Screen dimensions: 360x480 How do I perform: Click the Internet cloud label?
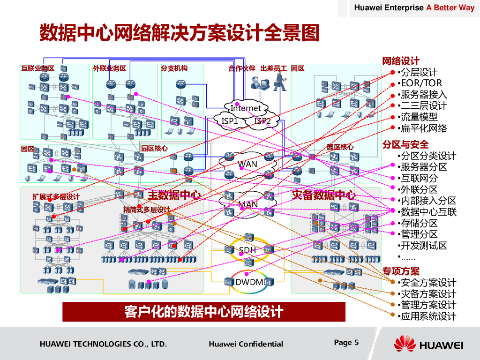(x=246, y=108)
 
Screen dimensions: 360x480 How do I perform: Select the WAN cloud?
(x=247, y=164)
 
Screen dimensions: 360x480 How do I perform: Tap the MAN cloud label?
(x=248, y=204)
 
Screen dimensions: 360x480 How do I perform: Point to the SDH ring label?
(x=247, y=250)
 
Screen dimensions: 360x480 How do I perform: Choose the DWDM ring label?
(x=249, y=282)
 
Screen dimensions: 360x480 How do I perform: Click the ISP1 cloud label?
(x=230, y=121)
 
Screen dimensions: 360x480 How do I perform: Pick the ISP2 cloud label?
(x=262, y=121)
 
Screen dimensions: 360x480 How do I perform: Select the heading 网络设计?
(x=401, y=61)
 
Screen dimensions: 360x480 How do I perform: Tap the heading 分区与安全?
(x=405, y=144)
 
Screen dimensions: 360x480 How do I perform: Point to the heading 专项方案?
(x=401, y=271)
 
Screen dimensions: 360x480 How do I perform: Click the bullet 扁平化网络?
(x=424, y=128)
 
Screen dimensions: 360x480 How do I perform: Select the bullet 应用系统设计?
(x=428, y=316)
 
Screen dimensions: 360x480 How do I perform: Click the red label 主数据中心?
(x=174, y=195)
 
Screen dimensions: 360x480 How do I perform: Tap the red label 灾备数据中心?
(x=323, y=195)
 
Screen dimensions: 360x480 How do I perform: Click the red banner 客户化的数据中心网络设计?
(x=204, y=312)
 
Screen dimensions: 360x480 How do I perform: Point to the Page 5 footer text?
(x=346, y=343)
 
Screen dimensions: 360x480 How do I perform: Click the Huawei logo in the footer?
(x=428, y=345)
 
